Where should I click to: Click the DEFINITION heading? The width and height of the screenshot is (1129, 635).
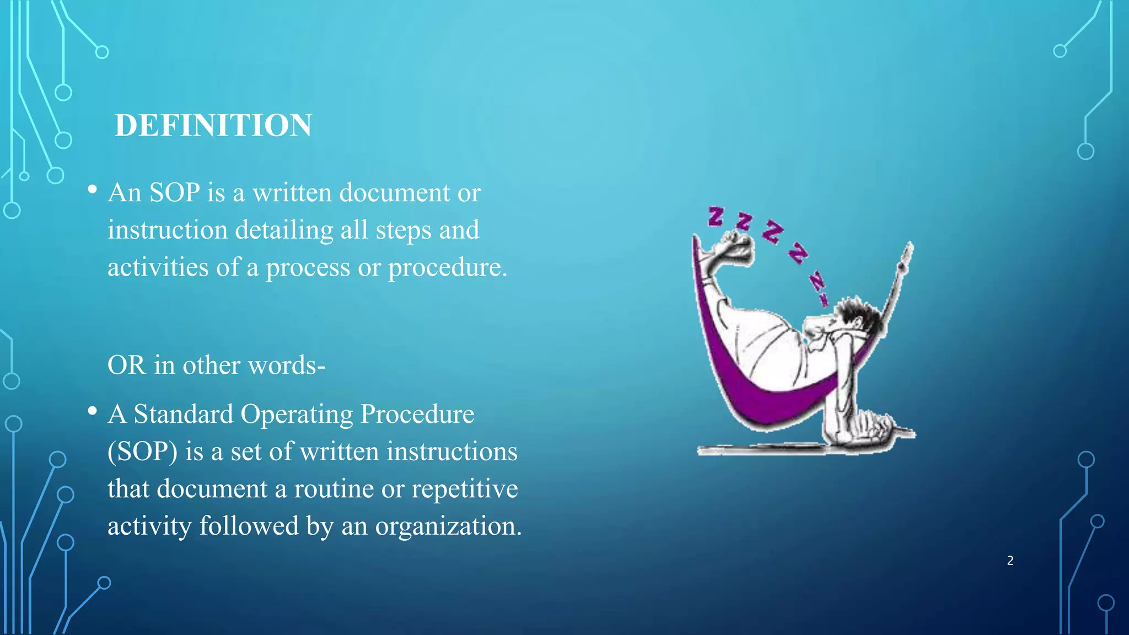[213, 125]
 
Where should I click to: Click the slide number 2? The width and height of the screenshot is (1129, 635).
[1010, 561]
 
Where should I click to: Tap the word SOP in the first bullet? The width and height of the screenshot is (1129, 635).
[174, 192]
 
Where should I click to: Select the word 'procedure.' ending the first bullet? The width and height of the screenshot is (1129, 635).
[447, 268]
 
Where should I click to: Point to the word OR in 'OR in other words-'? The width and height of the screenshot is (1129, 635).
[127, 365]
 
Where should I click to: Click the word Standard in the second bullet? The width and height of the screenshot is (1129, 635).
[183, 414]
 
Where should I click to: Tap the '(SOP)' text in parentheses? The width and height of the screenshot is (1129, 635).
[142, 452]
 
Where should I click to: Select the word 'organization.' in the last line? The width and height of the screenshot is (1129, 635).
[448, 526]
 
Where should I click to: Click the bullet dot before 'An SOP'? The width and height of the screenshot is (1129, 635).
[93, 190]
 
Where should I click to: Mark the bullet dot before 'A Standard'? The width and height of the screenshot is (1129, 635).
[93, 411]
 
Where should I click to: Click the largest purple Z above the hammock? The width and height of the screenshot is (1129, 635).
[772, 231]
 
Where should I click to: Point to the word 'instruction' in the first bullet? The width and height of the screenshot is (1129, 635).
[168, 230]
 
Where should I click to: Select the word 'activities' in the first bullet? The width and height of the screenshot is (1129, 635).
[158, 267]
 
